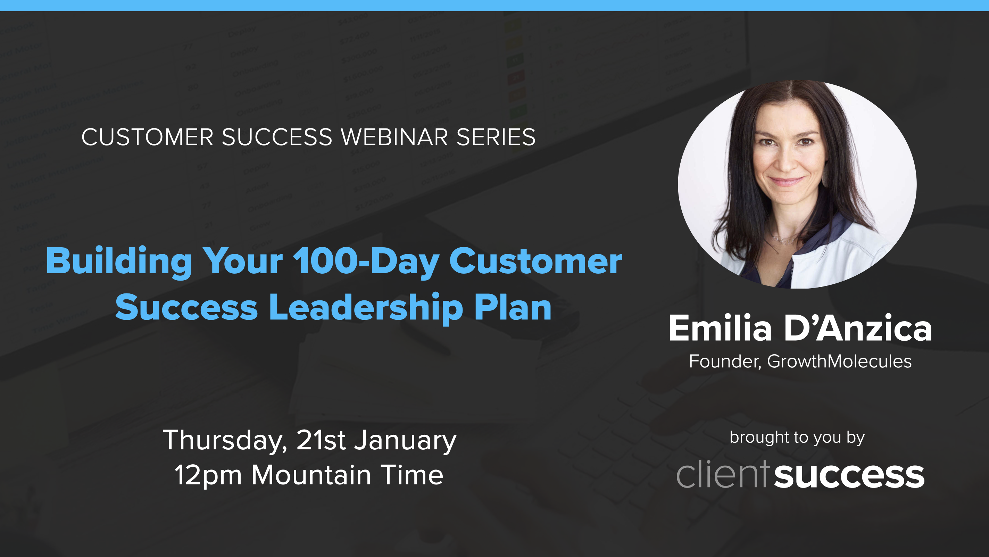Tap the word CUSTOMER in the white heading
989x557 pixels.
(148, 137)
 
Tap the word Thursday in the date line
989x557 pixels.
(225, 440)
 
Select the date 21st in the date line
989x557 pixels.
(321, 440)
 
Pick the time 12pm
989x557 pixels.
(208, 476)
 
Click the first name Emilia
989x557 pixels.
(720, 328)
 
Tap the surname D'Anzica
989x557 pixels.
(858, 328)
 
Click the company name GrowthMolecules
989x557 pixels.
(839, 361)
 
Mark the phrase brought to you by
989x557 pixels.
(797, 438)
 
